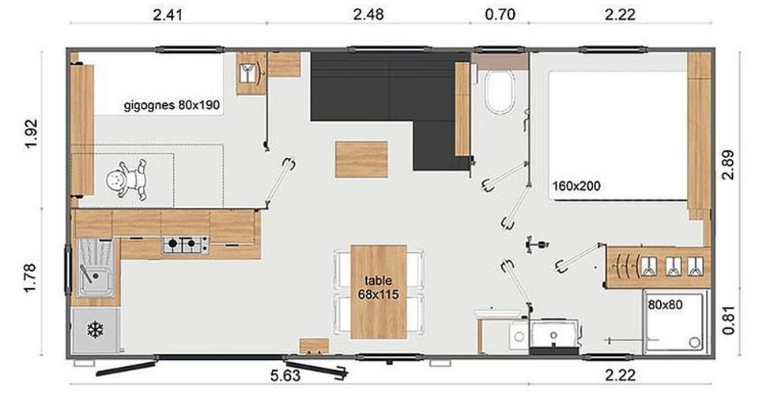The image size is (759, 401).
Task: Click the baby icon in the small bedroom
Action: [126, 180]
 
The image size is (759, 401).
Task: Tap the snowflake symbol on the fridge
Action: [96, 330]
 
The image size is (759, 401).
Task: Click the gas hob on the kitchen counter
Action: [185, 244]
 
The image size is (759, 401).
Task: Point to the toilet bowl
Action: [499, 92]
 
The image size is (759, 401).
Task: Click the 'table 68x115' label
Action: [379, 287]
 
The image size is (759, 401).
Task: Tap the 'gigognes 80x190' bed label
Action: [172, 105]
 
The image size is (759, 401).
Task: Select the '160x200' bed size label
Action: [576, 186]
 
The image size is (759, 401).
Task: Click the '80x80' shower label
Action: [665, 305]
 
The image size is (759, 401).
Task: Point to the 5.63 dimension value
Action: [285, 376]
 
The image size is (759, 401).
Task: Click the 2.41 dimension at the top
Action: [168, 14]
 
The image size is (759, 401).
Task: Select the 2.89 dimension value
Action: [728, 165]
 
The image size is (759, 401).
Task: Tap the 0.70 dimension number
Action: [500, 14]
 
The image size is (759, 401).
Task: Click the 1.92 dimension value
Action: [31, 134]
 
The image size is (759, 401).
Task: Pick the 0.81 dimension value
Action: [728, 320]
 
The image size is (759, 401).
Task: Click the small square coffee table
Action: [361, 159]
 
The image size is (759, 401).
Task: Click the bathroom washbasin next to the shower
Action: [554, 335]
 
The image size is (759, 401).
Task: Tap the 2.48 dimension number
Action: [368, 14]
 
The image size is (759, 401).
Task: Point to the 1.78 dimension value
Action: [31, 278]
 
